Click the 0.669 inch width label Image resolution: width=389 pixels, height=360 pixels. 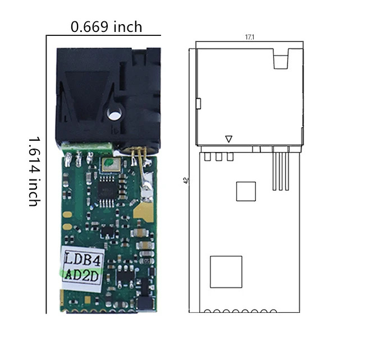point(106,27)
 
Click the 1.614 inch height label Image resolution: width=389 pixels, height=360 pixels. point(34,171)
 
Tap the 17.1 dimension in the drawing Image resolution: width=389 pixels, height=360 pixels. point(250,37)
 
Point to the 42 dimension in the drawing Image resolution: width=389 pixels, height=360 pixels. point(186,181)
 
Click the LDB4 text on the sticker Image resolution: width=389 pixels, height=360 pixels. point(83,259)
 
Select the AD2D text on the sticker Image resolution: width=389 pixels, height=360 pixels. point(82,275)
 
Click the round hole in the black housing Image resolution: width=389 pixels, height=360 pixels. point(114,114)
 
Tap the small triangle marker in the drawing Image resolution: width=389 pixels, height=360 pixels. point(228,139)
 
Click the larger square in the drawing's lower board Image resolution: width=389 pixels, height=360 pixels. point(226,272)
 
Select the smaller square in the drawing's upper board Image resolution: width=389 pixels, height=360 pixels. point(246,191)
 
